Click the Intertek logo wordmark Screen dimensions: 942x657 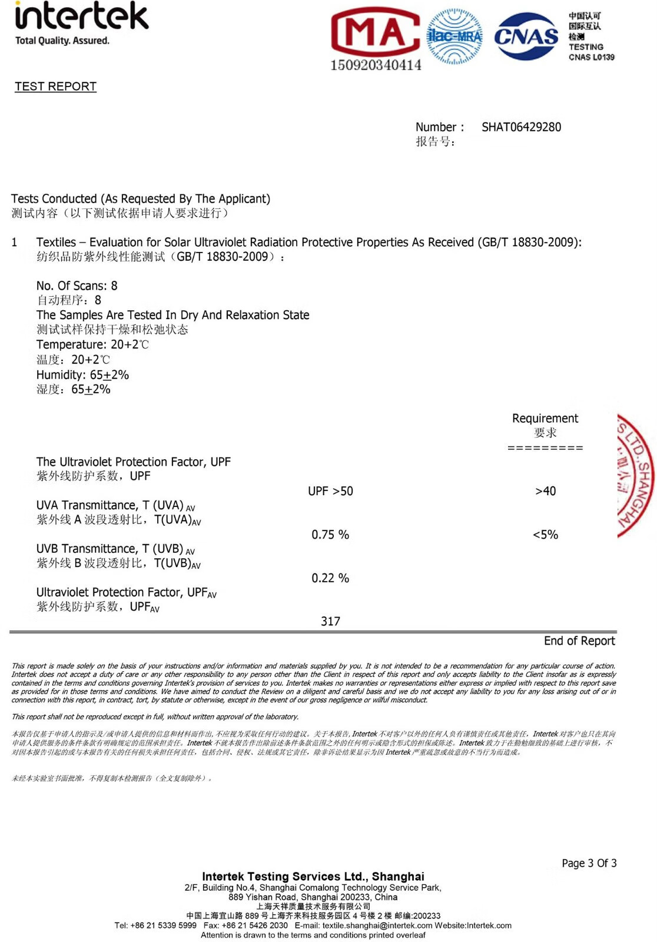[81, 16]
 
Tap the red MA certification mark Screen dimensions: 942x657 [375, 33]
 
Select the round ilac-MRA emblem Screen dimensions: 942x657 [454, 36]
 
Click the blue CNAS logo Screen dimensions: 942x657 [526, 37]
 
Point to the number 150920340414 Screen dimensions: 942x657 [376, 65]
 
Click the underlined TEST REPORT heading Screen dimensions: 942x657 [55, 87]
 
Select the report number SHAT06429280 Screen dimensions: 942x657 [521, 127]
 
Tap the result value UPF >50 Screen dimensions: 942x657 [330, 491]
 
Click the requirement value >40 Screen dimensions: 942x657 [545, 491]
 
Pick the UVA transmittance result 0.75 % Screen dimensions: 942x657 [330, 535]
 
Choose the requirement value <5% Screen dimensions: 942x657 [545, 535]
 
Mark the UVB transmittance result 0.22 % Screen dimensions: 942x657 [330, 578]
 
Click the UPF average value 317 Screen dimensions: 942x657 [330, 621]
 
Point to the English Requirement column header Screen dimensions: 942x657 [545, 418]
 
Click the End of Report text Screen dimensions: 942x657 [579, 641]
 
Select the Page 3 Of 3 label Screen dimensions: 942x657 [589, 863]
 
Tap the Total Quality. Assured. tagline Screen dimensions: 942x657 [62, 41]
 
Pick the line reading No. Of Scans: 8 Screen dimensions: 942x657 [77, 286]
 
